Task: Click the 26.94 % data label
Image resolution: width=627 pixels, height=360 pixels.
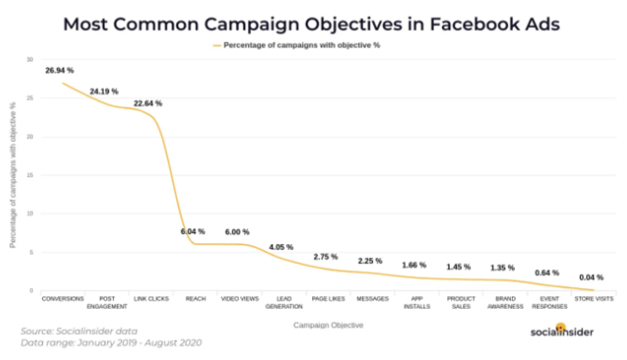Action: pyautogui.click(x=59, y=71)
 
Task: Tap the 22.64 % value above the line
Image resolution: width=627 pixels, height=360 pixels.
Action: pyautogui.click(x=147, y=104)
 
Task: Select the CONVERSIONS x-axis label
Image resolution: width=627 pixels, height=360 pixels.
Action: pyautogui.click(x=62, y=299)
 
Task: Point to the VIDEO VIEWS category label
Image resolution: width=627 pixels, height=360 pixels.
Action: pyautogui.click(x=240, y=299)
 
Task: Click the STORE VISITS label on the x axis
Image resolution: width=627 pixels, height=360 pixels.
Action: pyautogui.click(x=594, y=299)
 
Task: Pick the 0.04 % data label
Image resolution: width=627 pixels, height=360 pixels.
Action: pyautogui.click(x=591, y=277)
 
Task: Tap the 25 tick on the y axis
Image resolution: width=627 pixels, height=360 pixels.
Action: pyautogui.click(x=30, y=98)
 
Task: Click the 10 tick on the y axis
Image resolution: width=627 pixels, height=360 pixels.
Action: pyautogui.click(x=30, y=214)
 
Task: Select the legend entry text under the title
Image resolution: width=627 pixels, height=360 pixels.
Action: pyautogui.click(x=302, y=45)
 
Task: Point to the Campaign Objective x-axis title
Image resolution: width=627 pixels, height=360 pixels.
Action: pyautogui.click(x=328, y=325)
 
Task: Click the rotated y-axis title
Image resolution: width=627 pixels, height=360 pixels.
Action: pyautogui.click(x=13, y=175)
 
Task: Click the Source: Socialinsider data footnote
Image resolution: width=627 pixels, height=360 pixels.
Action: pyautogui.click(x=79, y=331)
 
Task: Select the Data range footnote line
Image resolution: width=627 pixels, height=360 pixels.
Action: pyautogui.click(x=111, y=343)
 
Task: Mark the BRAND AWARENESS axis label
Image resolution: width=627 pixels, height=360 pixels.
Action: pyautogui.click(x=505, y=302)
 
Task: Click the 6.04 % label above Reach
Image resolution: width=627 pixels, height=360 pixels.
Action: pyautogui.click(x=193, y=232)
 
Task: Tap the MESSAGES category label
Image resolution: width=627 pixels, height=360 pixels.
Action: pyautogui.click(x=372, y=299)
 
